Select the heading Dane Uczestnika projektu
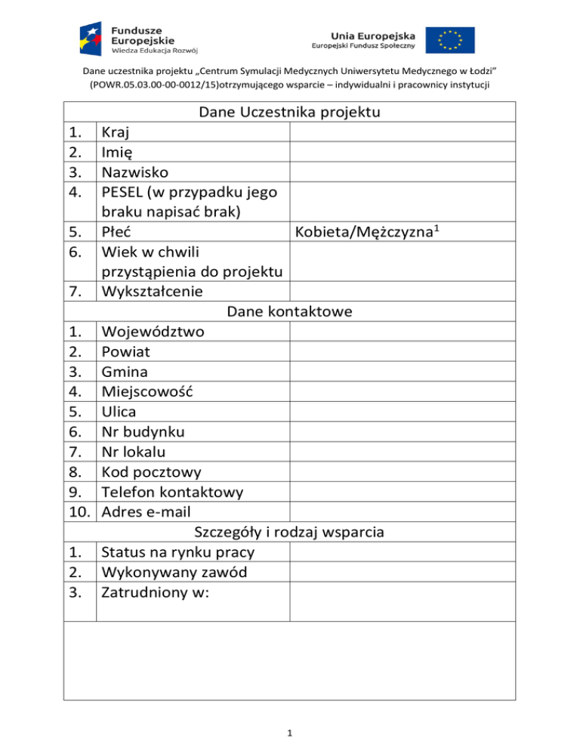coord(289,113)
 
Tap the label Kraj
coord(116,133)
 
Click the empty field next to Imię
coord(403,153)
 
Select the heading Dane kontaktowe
coord(289,311)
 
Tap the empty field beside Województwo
coord(403,331)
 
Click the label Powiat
coord(125,351)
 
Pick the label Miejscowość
coord(147,391)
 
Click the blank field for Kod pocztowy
coord(403,471)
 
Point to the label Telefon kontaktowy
coord(172,492)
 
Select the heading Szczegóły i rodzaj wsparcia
coord(289,532)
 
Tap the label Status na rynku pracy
coord(182,552)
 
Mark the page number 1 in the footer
coord(290,731)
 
